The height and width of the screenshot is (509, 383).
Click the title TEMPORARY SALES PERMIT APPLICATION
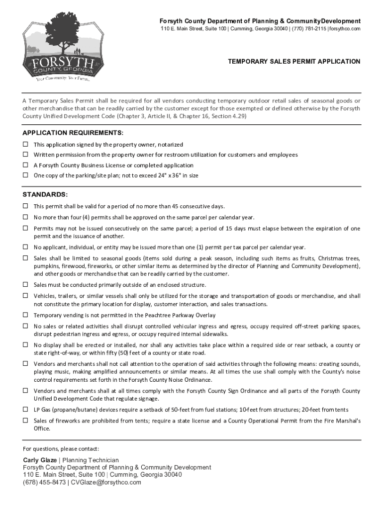coord(294,62)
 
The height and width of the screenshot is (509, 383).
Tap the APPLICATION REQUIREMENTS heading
coord(73,133)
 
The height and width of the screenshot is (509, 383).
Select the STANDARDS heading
coord(45,194)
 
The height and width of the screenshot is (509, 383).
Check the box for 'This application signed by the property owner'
coord(25,144)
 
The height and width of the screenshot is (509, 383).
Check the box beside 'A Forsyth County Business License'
coord(25,165)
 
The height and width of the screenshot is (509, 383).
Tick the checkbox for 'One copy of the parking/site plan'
coord(25,175)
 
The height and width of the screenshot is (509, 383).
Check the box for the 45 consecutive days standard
coord(25,206)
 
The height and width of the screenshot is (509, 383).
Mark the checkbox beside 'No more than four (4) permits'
coord(25,217)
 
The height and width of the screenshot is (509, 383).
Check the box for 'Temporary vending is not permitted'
coord(25,315)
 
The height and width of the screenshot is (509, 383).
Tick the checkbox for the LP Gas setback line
coord(25,410)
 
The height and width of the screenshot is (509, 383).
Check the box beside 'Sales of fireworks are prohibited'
coord(25,421)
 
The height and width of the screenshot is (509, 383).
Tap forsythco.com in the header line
coord(345,29)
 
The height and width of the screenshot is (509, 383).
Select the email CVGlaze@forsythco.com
coord(106,482)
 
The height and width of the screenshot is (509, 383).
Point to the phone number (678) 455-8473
coord(44,482)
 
